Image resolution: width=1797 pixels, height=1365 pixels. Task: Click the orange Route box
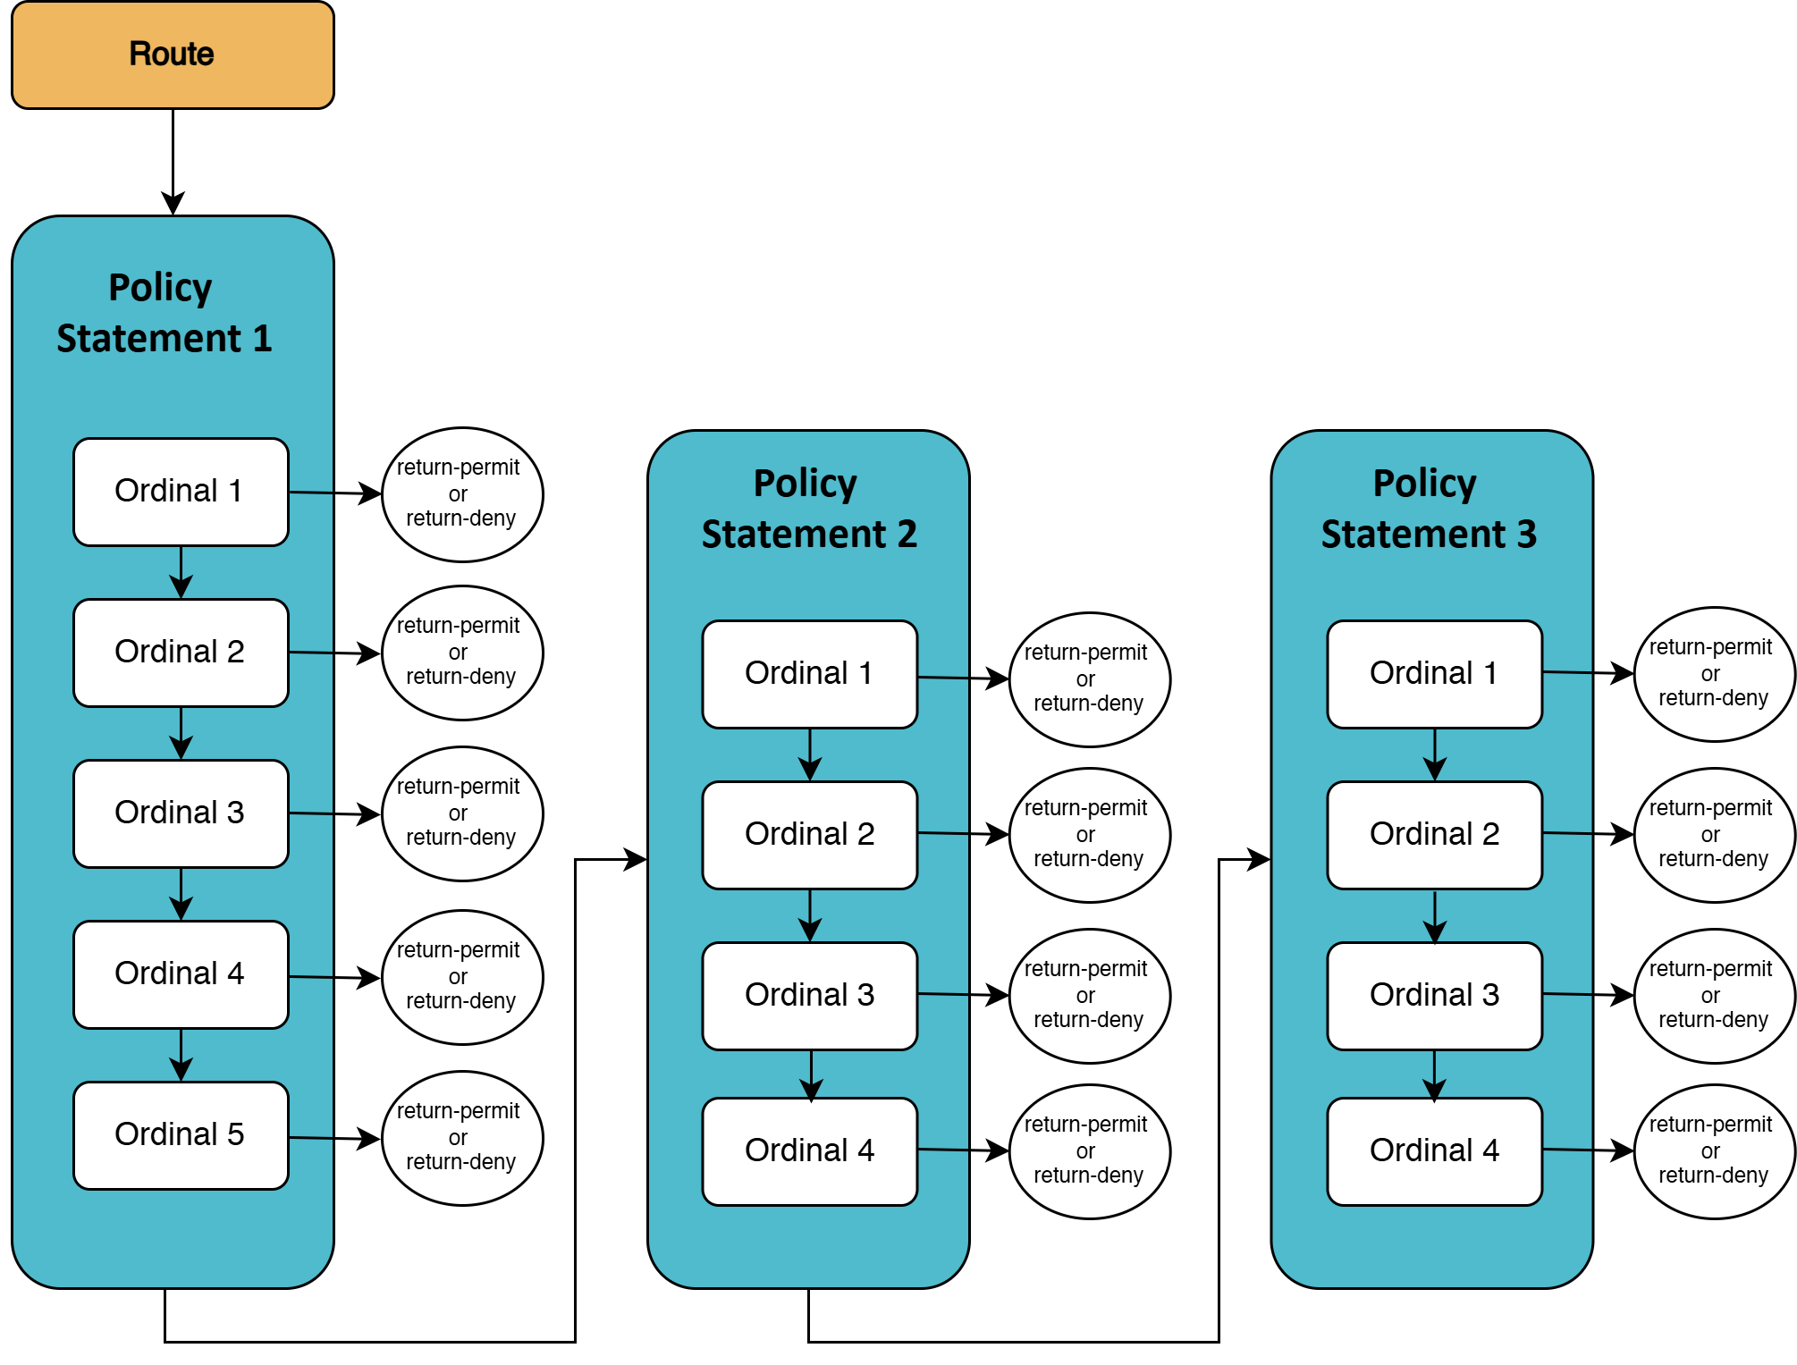pyautogui.click(x=173, y=55)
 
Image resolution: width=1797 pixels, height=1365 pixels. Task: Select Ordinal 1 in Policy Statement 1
pyautogui.click(x=181, y=492)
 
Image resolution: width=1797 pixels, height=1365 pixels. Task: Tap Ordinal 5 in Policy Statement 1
pyautogui.click(x=181, y=1135)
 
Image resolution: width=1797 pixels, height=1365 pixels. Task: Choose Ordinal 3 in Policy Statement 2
pyautogui.click(x=810, y=996)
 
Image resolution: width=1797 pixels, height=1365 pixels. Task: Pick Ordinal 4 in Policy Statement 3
pyautogui.click(x=1434, y=1151)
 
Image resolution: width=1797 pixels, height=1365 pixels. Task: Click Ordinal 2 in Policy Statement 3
pyautogui.click(x=1434, y=835)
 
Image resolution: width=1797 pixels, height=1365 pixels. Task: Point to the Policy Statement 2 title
pyautogui.click(x=808, y=509)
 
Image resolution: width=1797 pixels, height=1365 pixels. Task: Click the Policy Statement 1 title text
pyautogui.click(x=164, y=313)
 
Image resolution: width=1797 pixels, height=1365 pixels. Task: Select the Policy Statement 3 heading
pyautogui.click(x=1428, y=509)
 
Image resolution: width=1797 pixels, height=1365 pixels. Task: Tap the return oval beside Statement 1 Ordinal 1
pyautogui.click(x=461, y=494)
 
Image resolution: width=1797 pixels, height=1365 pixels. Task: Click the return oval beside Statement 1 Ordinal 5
pyautogui.click(x=461, y=1138)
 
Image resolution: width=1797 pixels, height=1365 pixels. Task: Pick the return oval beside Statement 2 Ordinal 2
pyautogui.click(x=1089, y=835)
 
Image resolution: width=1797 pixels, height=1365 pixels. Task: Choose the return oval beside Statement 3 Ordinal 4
pyautogui.click(x=1713, y=1151)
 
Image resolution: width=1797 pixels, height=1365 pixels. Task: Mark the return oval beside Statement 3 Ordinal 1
pyautogui.click(x=1713, y=674)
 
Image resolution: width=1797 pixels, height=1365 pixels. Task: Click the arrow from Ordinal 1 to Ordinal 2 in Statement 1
pyautogui.click(x=181, y=572)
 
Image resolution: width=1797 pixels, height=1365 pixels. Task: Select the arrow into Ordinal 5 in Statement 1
pyautogui.click(x=181, y=1055)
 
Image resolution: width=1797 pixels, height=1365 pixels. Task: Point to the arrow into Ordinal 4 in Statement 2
pyautogui.click(x=811, y=1074)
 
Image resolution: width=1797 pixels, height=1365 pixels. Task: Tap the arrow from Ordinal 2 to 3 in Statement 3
pyautogui.click(x=1435, y=916)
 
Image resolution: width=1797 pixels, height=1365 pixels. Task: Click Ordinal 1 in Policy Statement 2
pyautogui.click(x=810, y=674)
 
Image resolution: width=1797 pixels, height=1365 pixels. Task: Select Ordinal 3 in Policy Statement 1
pyautogui.click(x=181, y=813)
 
